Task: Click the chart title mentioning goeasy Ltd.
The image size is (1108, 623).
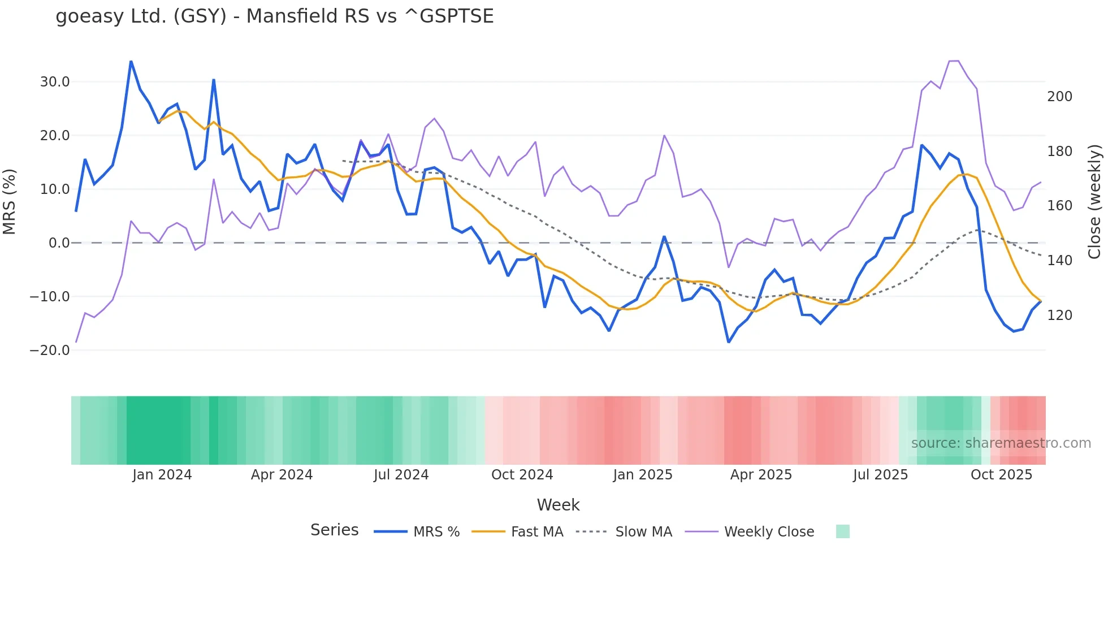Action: [x=275, y=16]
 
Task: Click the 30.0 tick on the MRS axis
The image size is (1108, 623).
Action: [x=55, y=82]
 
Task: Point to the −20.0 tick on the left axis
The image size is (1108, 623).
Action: [x=50, y=351]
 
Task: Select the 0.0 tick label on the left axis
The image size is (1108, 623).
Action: [x=59, y=243]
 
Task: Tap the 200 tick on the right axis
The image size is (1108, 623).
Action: [x=1059, y=97]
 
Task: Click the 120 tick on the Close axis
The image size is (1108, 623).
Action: [x=1059, y=315]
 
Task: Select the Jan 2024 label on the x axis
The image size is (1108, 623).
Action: [x=162, y=475]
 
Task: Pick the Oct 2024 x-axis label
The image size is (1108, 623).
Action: [x=522, y=475]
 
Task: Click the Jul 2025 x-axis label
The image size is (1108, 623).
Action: [x=880, y=475]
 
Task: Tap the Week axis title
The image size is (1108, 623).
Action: [x=558, y=505]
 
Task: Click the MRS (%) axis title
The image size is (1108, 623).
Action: [x=10, y=202]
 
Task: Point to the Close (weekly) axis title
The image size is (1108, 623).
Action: [x=1094, y=202]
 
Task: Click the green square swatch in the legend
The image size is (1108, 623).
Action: [x=842, y=531]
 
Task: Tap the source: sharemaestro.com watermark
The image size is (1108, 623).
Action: [x=1001, y=443]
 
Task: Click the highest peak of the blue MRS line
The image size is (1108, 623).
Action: [x=131, y=62]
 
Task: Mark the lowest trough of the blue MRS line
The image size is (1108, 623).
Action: [x=729, y=342]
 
